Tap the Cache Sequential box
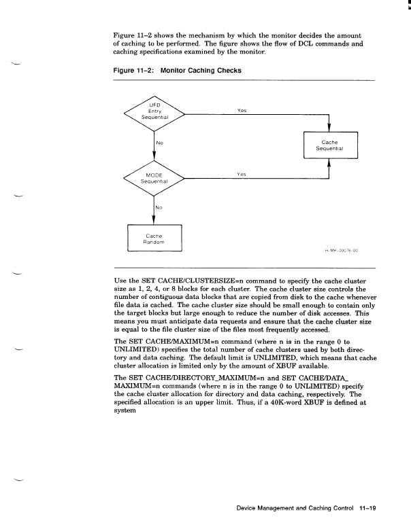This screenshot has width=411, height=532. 330,145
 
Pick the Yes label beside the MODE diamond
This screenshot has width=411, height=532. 241,174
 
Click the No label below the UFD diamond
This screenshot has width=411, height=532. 159,143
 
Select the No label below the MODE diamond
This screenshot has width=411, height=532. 159,207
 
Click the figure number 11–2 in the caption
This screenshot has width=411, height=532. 137,69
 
